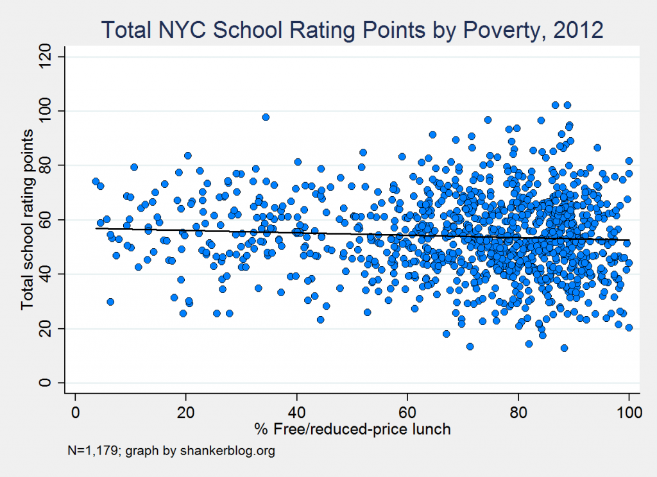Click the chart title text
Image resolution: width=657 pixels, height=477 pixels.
(352, 30)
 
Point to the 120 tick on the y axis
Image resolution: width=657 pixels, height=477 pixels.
(46, 57)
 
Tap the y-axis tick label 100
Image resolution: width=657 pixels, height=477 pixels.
(46, 112)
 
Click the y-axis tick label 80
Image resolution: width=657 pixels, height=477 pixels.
(46, 165)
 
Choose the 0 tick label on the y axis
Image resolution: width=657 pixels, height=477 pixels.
(46, 383)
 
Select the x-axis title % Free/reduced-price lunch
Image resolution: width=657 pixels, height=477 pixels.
(352, 428)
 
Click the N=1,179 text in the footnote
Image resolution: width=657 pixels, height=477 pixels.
(94, 451)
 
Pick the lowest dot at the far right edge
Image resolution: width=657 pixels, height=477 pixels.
(629, 327)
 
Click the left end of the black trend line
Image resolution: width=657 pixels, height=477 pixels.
(96, 228)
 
